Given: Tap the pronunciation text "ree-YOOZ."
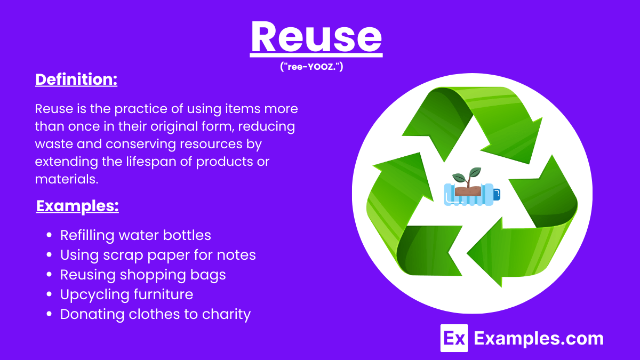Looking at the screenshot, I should [x=316, y=67].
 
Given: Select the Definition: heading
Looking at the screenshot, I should [x=76, y=79].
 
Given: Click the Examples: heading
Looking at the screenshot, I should [x=77, y=206].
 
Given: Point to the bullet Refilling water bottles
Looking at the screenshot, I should [x=135, y=235].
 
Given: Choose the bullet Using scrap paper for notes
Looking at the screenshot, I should [x=158, y=255].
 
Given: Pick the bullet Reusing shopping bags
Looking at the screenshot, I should [x=143, y=275].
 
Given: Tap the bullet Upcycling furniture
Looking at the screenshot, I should [x=126, y=294].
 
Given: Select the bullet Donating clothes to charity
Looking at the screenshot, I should [x=155, y=314].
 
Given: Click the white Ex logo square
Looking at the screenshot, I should [x=454, y=338].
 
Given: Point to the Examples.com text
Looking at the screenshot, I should [x=539, y=338].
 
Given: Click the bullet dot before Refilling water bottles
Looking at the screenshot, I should [x=50, y=236].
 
